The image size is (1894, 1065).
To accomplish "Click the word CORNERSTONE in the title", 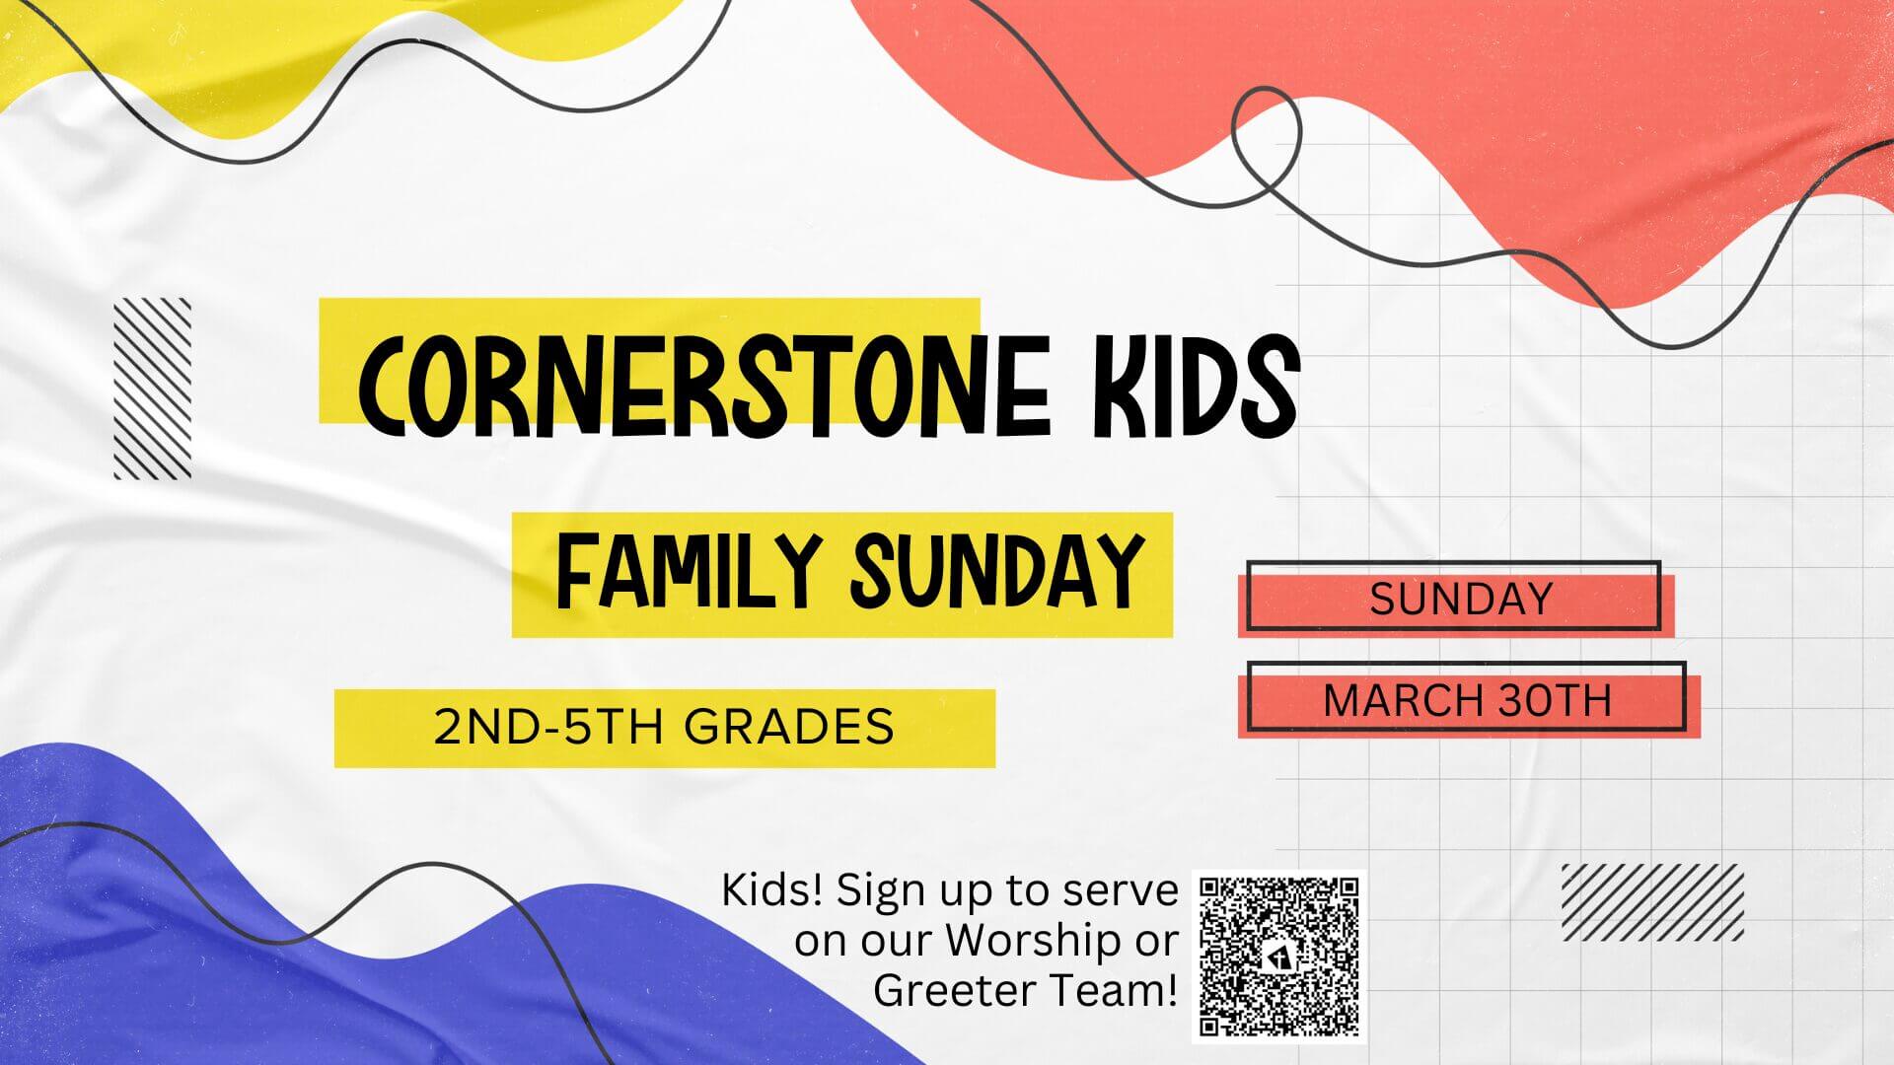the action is (704, 386).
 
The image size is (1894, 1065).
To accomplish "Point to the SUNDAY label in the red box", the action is (1461, 599).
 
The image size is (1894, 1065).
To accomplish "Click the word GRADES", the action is (789, 727).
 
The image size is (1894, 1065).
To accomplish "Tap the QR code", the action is (1279, 957).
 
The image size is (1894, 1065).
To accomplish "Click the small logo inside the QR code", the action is (1279, 958).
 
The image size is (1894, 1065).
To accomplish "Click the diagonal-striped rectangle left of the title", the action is (153, 389).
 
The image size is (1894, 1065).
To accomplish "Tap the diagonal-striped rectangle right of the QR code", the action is (1652, 901).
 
